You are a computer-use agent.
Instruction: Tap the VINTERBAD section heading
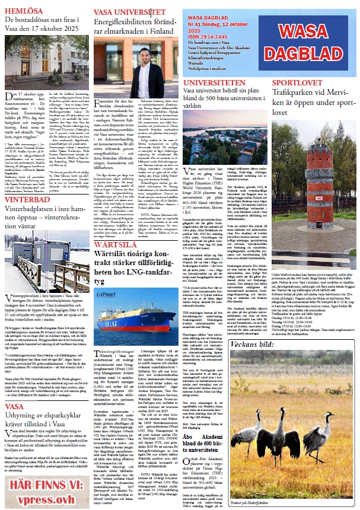(27, 199)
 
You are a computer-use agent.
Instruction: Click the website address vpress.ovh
(46, 498)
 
